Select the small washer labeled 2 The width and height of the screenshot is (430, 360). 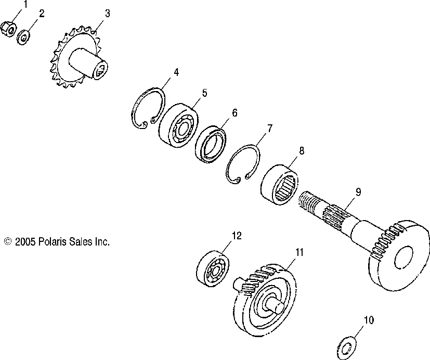point(23,37)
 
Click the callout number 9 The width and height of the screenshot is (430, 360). point(358,191)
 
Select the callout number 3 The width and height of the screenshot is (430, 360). point(107,14)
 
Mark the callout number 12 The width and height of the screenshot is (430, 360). point(237,236)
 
